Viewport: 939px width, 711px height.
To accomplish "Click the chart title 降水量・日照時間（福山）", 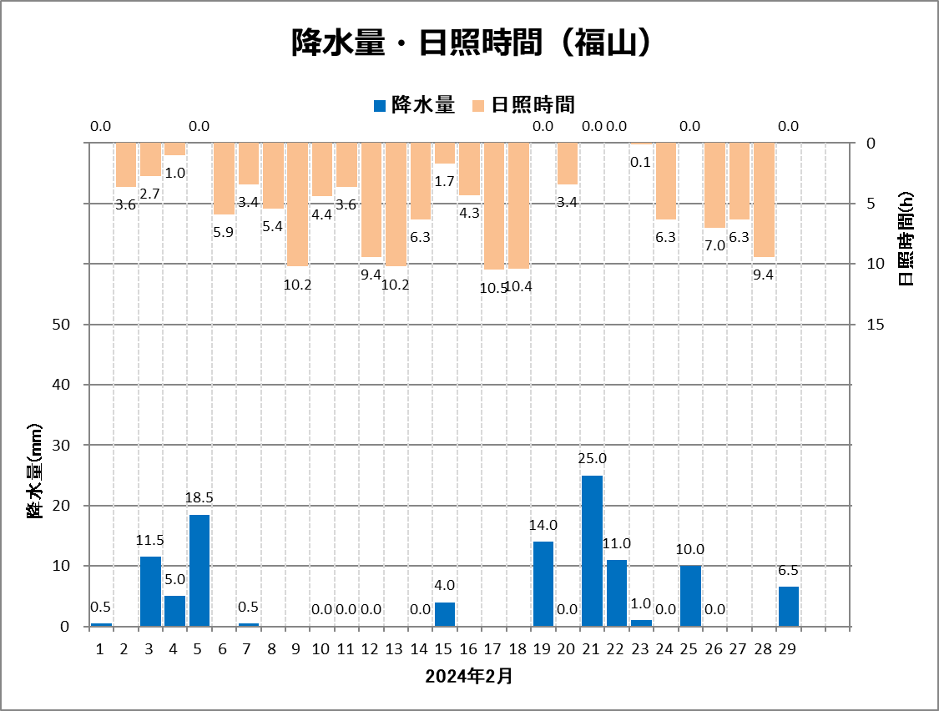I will (470, 43).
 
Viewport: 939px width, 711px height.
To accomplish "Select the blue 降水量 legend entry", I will (413, 104).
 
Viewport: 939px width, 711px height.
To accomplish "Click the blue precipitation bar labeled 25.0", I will (592, 551).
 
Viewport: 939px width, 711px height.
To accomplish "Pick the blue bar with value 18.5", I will (199, 570).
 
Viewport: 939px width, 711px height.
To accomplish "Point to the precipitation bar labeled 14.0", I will (543, 584).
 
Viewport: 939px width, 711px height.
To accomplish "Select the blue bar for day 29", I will (789, 607).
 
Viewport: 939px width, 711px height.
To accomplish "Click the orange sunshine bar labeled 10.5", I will (494, 206).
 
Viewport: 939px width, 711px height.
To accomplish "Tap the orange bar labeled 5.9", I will (224, 179).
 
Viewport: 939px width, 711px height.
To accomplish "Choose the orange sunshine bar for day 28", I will (764, 199).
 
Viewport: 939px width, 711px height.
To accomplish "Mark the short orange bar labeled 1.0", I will (174, 149).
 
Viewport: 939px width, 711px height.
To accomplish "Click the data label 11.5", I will (150, 541).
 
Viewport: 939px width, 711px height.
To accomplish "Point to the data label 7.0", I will (714, 245).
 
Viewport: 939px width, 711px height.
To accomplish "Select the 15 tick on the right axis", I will (876, 325).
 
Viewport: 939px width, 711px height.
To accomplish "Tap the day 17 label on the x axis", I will (492, 648).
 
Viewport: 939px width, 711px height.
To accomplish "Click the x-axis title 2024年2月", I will (469, 676).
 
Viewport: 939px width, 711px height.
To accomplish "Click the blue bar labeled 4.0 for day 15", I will (445, 614).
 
